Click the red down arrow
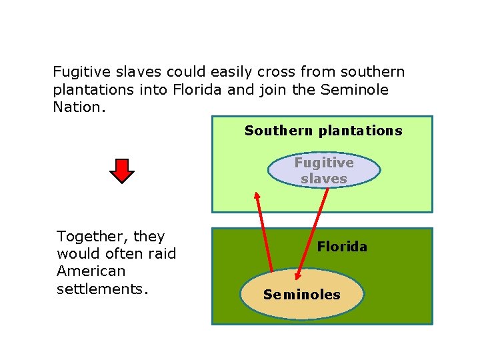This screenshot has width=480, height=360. [122, 171]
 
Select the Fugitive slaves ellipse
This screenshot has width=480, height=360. [324, 171]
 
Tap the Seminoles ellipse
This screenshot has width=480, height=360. [302, 295]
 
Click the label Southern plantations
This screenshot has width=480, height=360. [323, 131]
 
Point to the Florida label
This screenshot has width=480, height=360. [342, 247]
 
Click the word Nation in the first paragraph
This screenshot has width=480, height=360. [76, 107]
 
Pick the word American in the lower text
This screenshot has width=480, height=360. [91, 271]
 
